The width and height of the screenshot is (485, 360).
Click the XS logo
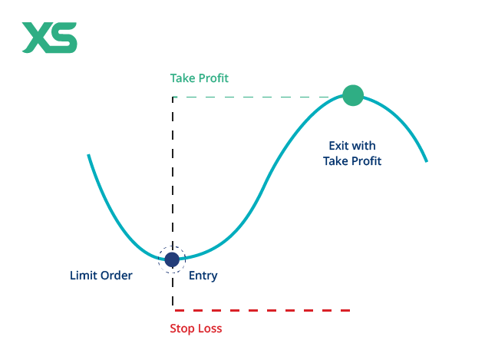[x=49, y=38]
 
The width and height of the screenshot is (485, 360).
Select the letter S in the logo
[x=64, y=38]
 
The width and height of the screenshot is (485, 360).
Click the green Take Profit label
[x=199, y=78]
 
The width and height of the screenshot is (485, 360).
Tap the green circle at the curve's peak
[x=352, y=95]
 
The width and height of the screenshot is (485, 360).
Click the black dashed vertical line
[x=173, y=177]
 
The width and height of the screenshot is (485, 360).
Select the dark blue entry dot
[x=172, y=259]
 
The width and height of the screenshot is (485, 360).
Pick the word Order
[x=116, y=276]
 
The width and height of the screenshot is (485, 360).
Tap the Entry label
[x=203, y=276]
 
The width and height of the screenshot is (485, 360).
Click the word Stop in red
[x=182, y=329]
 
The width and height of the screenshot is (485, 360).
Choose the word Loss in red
[x=209, y=329]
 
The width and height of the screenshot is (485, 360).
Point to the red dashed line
[x=261, y=310]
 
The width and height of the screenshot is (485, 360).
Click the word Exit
[x=338, y=146]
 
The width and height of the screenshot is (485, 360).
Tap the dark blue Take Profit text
[x=352, y=161]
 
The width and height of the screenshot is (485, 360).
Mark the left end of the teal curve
[x=89, y=156]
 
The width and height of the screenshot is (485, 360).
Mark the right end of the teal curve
[x=426, y=161]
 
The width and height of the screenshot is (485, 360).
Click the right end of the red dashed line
[x=349, y=310]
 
